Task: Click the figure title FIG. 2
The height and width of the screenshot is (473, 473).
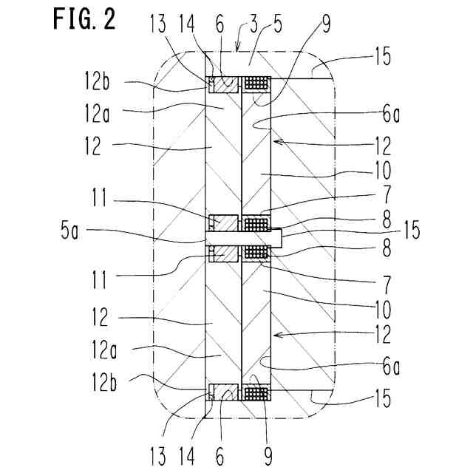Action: coord(84,20)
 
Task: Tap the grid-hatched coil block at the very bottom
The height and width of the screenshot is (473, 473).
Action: coord(256,392)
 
